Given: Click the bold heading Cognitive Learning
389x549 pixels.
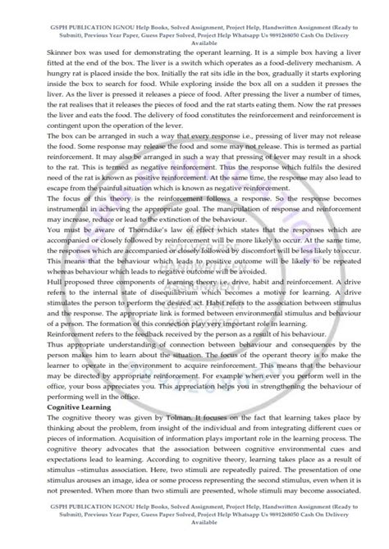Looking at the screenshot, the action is click(x=56, y=406).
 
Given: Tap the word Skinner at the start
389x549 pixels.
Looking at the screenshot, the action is click(x=37, y=39).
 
